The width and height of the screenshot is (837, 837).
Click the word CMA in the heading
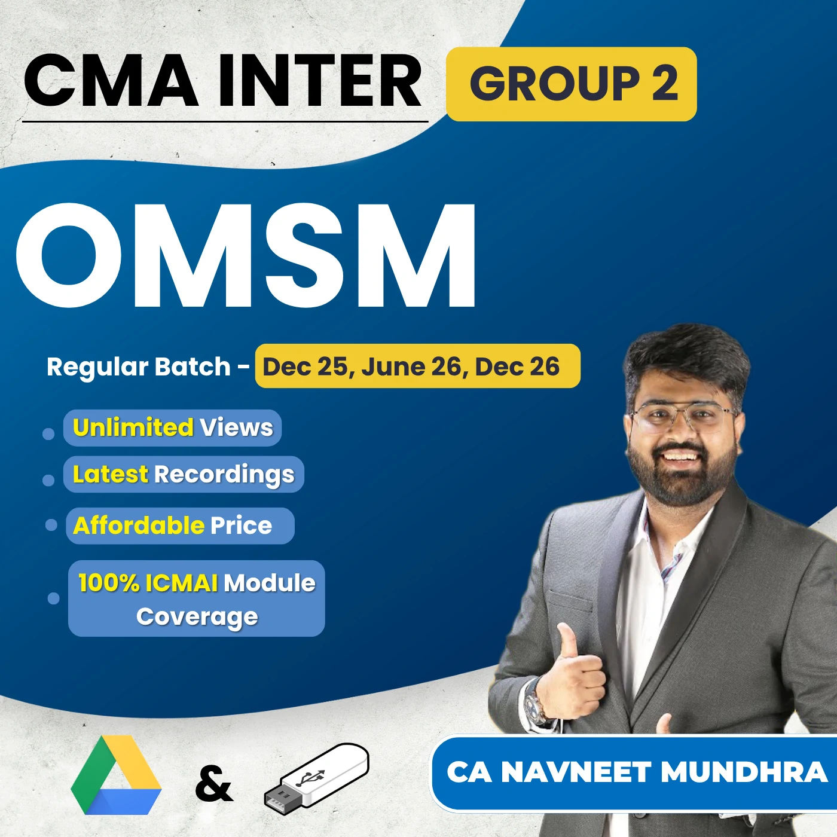tap(111, 81)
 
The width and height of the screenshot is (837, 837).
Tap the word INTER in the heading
tap(320, 81)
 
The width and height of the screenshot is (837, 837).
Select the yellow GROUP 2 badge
tap(572, 84)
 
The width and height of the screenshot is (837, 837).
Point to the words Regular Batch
tap(139, 366)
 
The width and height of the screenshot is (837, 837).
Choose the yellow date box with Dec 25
tap(417, 366)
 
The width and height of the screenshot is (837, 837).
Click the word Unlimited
tap(133, 427)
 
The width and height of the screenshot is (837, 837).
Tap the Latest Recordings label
tap(184, 474)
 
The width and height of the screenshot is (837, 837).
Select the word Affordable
tap(139, 526)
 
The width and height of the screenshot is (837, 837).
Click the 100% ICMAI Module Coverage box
tap(197, 598)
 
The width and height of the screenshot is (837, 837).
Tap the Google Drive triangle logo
tap(116, 776)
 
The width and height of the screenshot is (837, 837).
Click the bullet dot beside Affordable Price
tap(51, 525)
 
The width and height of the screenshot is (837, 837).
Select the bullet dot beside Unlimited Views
tap(48, 433)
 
